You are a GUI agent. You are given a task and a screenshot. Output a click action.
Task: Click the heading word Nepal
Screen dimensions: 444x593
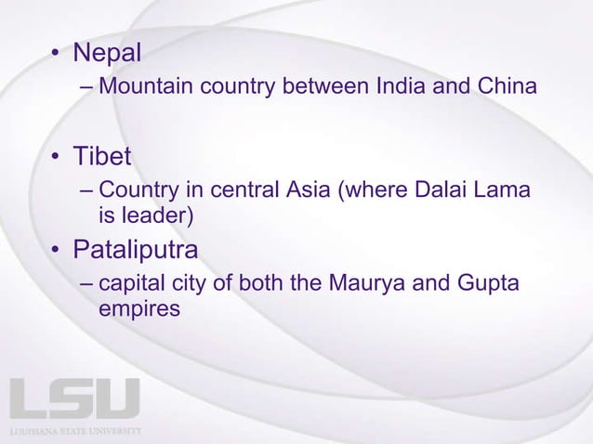107,53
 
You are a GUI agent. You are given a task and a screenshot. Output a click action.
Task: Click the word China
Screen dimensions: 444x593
504,88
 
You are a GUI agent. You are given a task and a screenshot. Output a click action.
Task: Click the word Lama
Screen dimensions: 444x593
503,192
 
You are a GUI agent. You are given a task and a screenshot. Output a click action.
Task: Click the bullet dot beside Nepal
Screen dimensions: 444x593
58,55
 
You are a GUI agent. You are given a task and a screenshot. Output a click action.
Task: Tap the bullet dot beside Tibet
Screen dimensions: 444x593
58,158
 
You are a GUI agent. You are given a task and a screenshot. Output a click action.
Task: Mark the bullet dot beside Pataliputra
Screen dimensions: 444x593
58,252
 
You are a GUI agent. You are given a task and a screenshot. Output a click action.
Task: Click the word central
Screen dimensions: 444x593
244,192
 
